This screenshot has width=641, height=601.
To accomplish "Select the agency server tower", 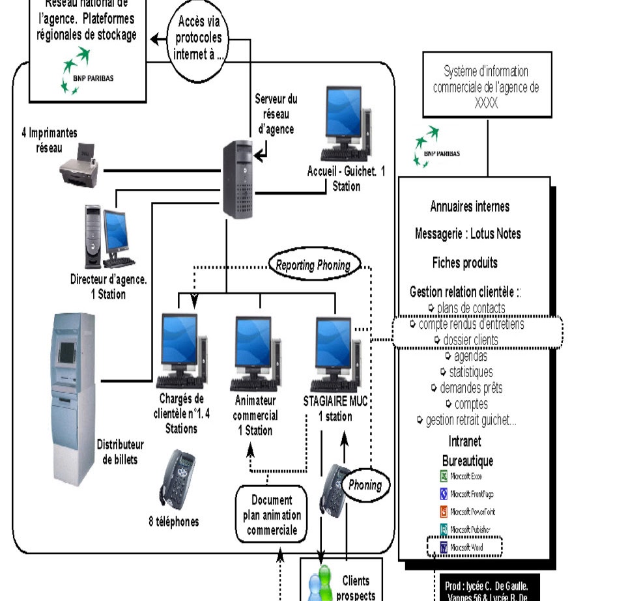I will [x=238, y=179].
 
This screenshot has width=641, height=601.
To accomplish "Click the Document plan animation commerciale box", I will [x=270, y=514].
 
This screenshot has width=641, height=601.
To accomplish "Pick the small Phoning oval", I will [x=365, y=485].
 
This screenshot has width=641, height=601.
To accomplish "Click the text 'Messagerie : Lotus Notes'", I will [x=468, y=234].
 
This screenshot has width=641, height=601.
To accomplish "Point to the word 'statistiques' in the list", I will [x=470, y=372].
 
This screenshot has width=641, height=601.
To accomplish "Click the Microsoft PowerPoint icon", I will [x=444, y=512].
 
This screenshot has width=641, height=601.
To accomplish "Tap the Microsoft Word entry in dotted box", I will [x=464, y=547].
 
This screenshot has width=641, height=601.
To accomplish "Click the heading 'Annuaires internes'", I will [x=470, y=207].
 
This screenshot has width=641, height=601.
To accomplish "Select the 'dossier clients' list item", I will [x=470, y=340].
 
